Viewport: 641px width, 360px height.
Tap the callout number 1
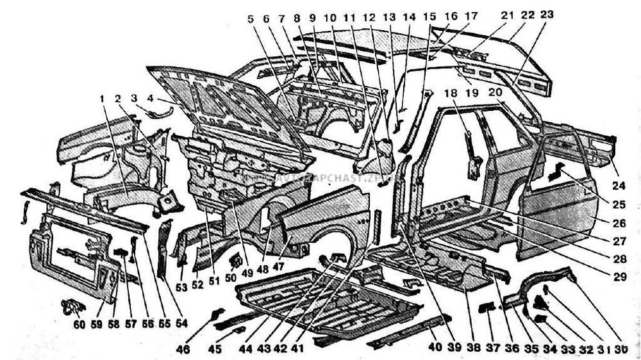coord(101,99)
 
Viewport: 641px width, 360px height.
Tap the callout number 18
coord(453,94)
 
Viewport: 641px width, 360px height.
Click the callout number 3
coord(133,98)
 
